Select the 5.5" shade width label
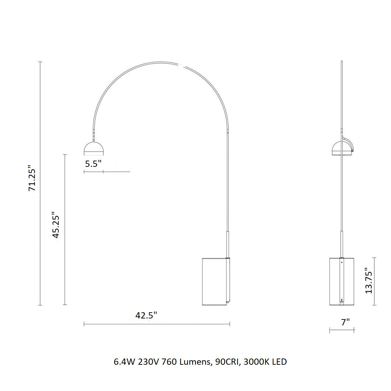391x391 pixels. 93,164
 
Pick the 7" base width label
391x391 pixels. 345,322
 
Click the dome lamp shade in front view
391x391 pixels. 94,148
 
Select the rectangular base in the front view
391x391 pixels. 214,281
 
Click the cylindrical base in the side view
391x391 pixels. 342,281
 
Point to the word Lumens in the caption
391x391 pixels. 195,362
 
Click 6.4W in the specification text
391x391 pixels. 124,362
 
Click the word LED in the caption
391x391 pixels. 279,362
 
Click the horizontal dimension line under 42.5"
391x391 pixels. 157,324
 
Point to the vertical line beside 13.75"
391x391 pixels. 375,281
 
